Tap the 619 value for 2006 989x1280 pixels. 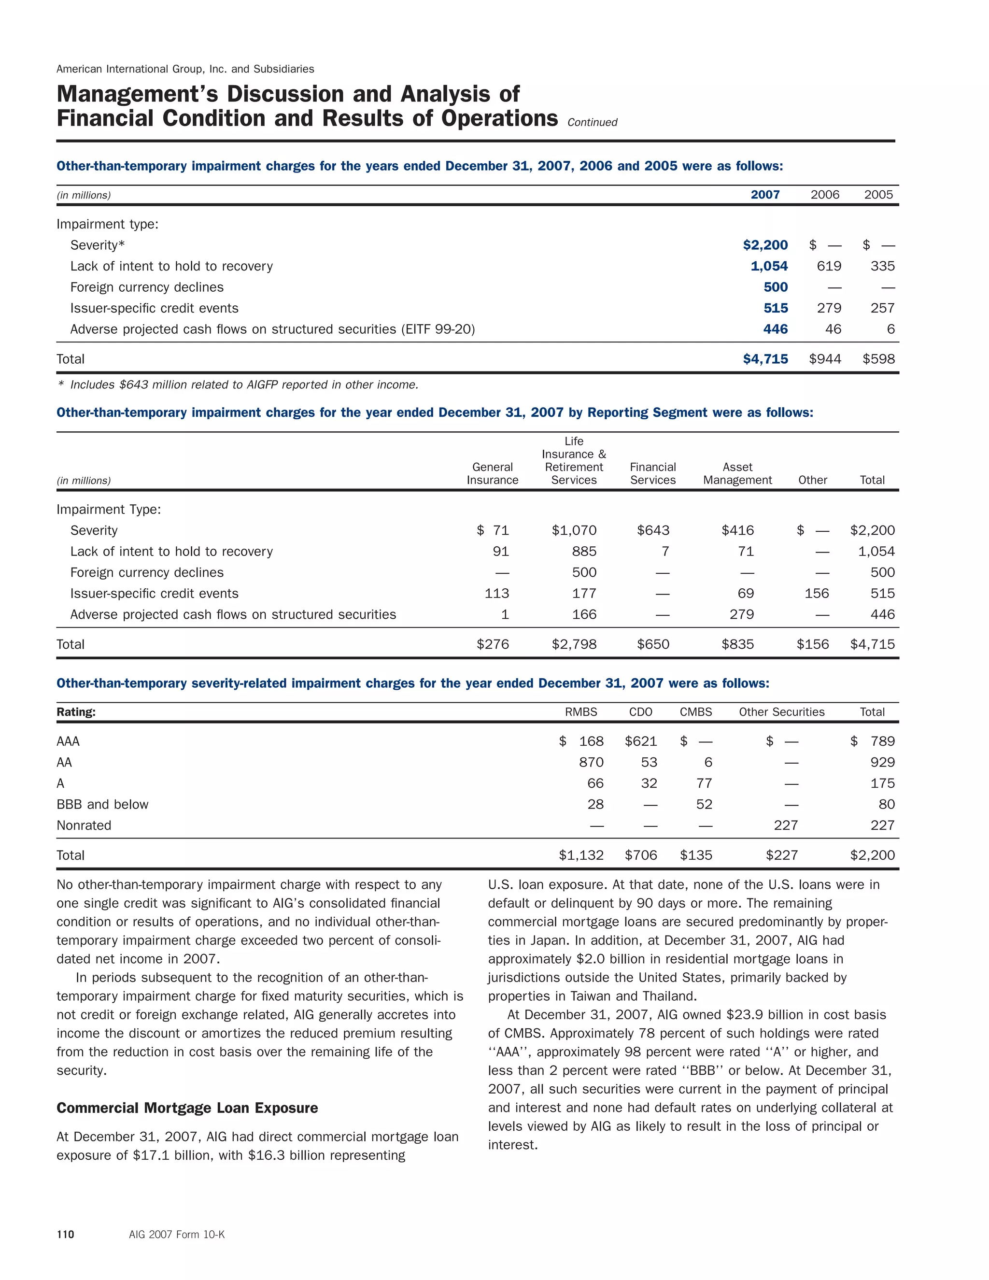coord(829,266)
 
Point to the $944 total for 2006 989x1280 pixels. coord(824,359)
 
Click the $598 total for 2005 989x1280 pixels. coord(878,359)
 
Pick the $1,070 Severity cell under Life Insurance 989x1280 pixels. coord(574,530)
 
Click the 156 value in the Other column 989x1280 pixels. coord(816,593)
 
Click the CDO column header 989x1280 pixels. coord(640,712)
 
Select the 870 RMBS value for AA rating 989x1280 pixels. coord(591,763)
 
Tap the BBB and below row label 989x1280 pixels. coord(102,804)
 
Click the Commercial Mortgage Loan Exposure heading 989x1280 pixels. coord(187,1108)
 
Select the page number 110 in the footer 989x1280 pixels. coord(65,1234)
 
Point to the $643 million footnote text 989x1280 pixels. coord(244,385)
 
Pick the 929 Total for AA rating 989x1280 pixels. coord(882,763)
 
